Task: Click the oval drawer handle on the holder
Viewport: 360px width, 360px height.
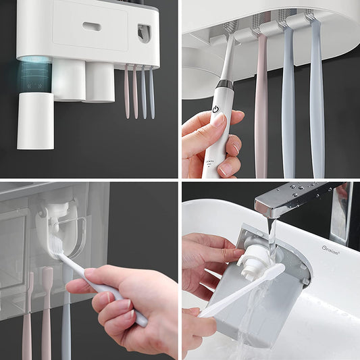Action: click(x=92, y=27)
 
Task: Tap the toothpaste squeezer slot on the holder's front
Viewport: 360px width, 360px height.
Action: click(x=144, y=32)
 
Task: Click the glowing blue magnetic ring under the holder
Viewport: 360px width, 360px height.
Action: click(x=34, y=72)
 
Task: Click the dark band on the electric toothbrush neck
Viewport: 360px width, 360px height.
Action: click(x=224, y=84)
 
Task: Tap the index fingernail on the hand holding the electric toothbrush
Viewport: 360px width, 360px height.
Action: click(x=218, y=121)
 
